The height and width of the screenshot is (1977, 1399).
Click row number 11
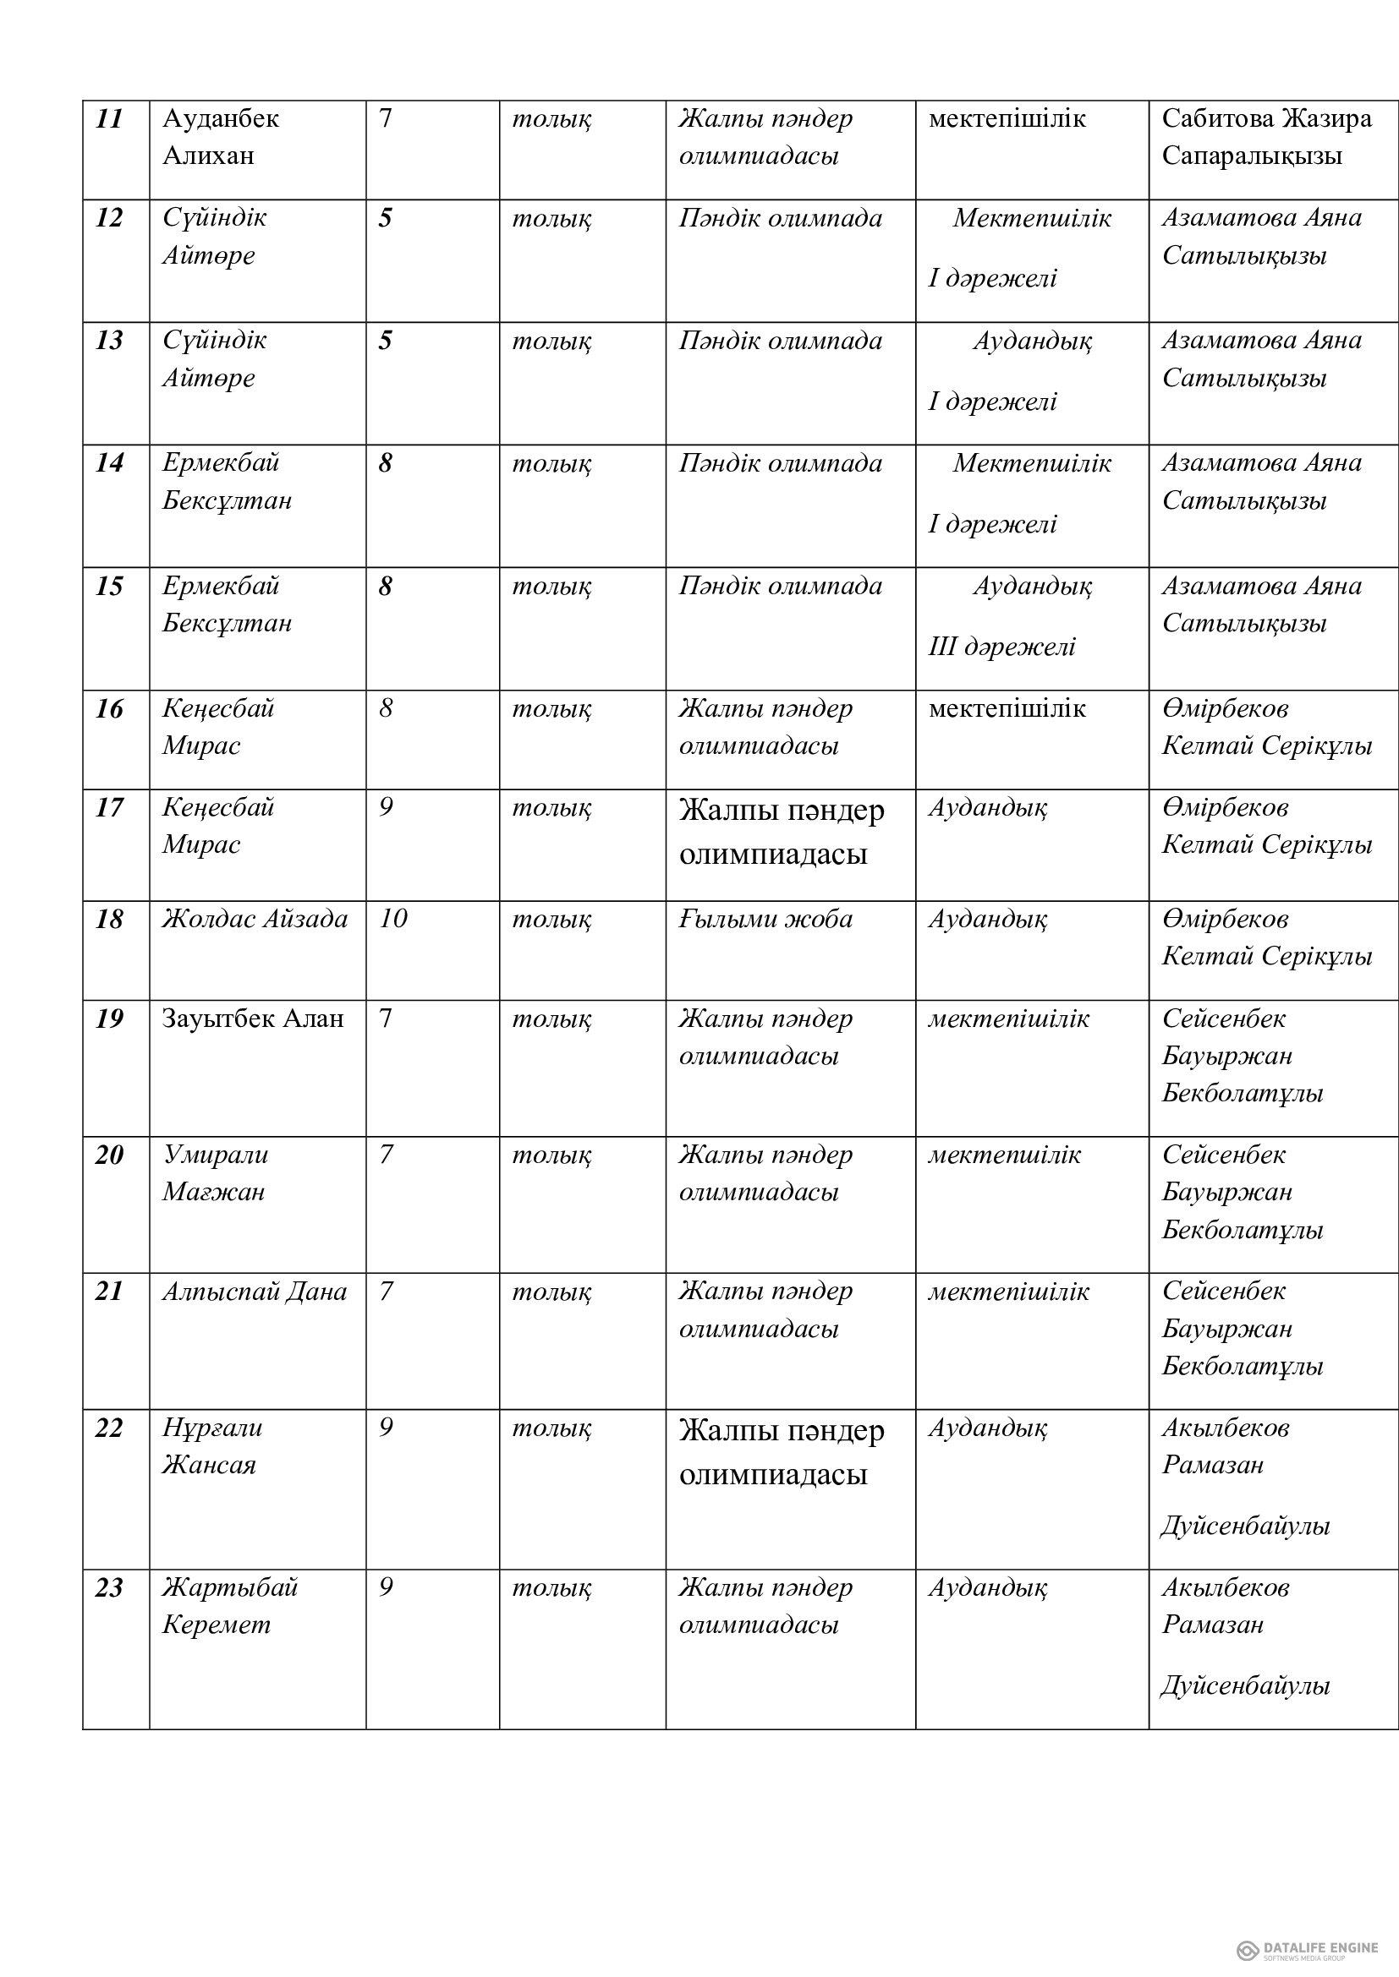coord(109,119)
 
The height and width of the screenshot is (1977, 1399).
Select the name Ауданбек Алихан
coord(221,137)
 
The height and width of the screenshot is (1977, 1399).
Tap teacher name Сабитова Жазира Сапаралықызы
coord(1265,137)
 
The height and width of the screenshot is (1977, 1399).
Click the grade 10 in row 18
coord(392,919)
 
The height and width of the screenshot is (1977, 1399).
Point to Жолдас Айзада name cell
coord(255,920)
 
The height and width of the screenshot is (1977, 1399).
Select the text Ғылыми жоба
coord(765,920)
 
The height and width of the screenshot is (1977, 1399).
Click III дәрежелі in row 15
coord(1001,647)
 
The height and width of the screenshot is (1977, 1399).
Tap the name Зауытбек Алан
coord(252,1019)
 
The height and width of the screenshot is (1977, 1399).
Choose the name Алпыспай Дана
coord(254,1292)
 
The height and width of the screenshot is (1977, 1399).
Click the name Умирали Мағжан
coord(216,1173)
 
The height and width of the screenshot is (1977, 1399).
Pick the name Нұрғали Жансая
coord(212,1445)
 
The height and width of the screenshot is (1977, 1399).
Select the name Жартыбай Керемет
coord(229,1606)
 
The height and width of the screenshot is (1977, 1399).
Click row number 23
coord(109,1588)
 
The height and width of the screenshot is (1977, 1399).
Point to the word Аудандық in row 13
coord(1032,341)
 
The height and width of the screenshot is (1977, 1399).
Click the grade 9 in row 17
coord(386,808)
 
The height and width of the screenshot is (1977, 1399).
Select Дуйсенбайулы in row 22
coord(1245,1526)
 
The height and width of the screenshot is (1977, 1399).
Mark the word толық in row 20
coord(551,1155)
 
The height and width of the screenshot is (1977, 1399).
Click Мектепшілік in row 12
coord(1031,219)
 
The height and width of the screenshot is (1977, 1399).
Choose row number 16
coord(109,709)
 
